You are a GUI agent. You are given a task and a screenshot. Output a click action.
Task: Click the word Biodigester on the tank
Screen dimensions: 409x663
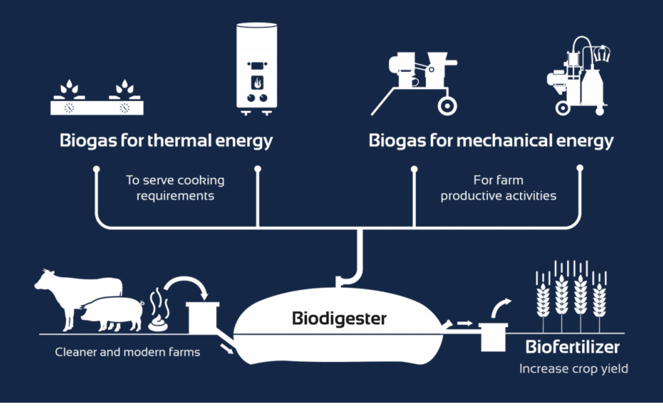339,319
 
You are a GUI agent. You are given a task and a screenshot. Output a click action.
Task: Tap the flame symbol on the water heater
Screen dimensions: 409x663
257,82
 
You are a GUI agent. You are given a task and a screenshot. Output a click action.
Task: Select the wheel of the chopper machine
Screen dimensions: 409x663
447,106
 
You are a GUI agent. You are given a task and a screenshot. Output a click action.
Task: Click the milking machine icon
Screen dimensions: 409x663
579,78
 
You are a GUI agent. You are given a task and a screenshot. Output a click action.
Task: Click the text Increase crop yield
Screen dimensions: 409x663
573,369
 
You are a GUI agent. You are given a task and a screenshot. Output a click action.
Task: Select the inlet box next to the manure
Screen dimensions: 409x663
202,318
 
